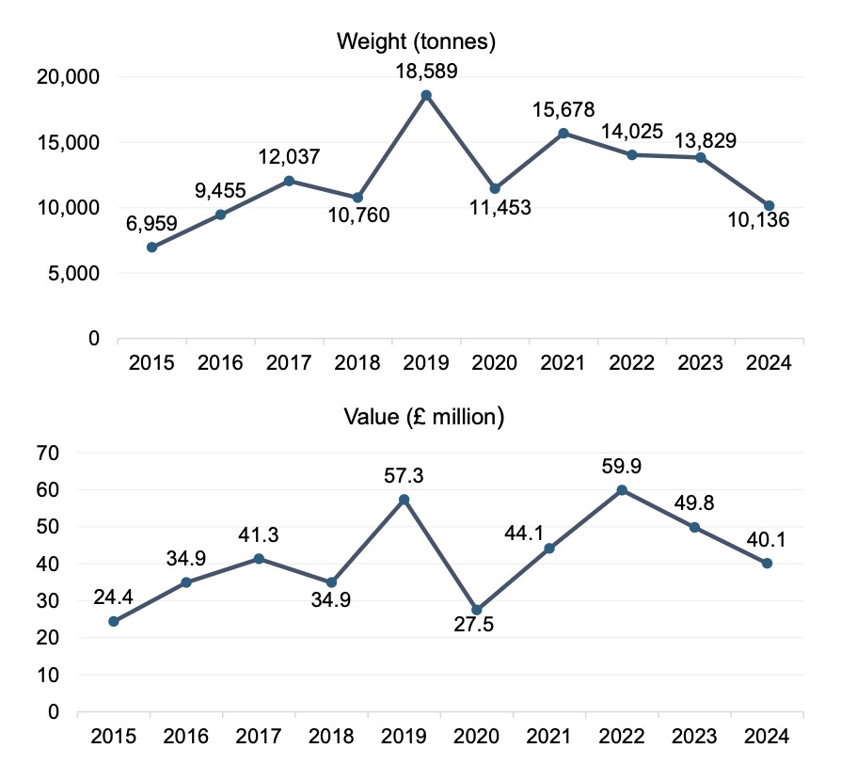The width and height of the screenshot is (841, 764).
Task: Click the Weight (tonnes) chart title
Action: (x=417, y=41)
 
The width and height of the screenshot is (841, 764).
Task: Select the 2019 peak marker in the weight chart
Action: (x=426, y=95)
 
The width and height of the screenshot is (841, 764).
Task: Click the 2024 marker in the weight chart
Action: (x=770, y=205)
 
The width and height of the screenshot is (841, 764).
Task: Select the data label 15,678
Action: (x=563, y=110)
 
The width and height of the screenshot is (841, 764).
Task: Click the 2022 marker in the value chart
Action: (x=622, y=489)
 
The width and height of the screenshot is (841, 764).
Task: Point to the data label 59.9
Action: (x=622, y=466)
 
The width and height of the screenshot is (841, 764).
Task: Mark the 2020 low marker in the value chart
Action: (x=477, y=610)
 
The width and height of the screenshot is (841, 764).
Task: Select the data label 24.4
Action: (x=115, y=597)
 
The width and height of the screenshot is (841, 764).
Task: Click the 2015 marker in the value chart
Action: (x=114, y=621)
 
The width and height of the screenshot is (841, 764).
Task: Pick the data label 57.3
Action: (x=405, y=476)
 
